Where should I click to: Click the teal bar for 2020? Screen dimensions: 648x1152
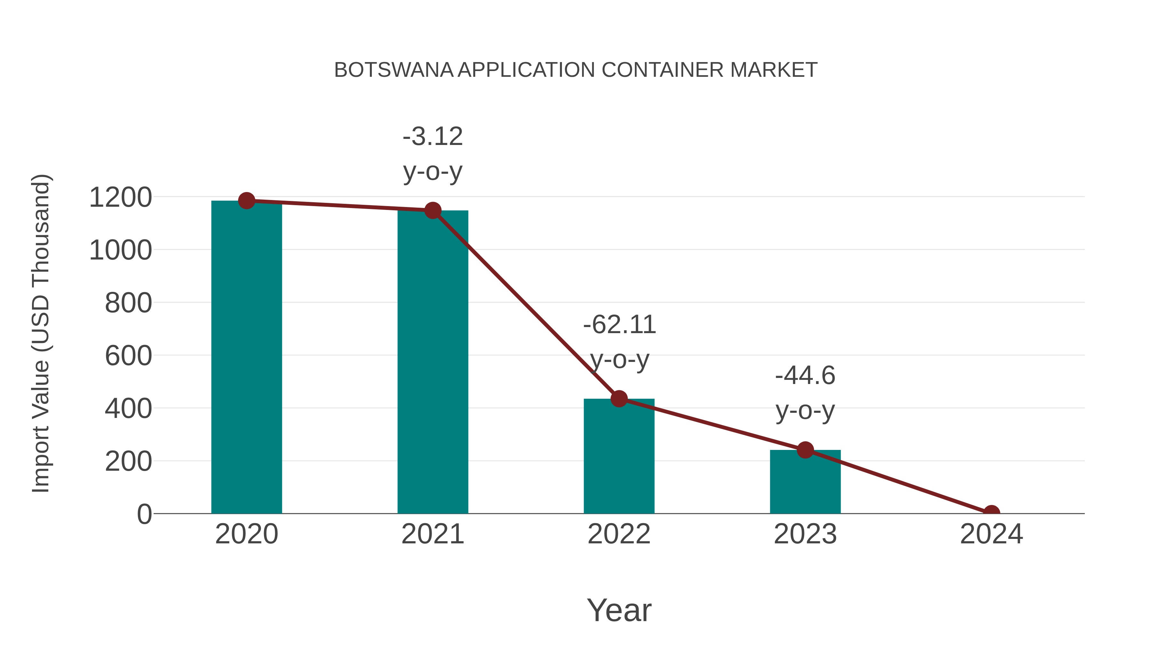point(246,358)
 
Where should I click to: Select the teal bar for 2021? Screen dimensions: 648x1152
point(432,362)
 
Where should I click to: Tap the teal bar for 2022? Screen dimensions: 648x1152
point(619,456)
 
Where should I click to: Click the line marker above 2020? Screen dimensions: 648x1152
point(246,201)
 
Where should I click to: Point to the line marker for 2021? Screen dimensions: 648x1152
point(432,210)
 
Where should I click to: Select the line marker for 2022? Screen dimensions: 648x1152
point(619,398)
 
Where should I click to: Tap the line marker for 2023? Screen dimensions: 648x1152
point(805,450)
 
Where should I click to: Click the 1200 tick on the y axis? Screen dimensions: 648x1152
point(120,197)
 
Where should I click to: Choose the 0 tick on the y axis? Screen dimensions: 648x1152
point(144,514)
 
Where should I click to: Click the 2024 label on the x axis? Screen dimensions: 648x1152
point(991,534)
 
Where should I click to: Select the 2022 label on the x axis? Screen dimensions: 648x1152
point(619,534)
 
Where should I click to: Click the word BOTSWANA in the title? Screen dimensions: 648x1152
point(394,70)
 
